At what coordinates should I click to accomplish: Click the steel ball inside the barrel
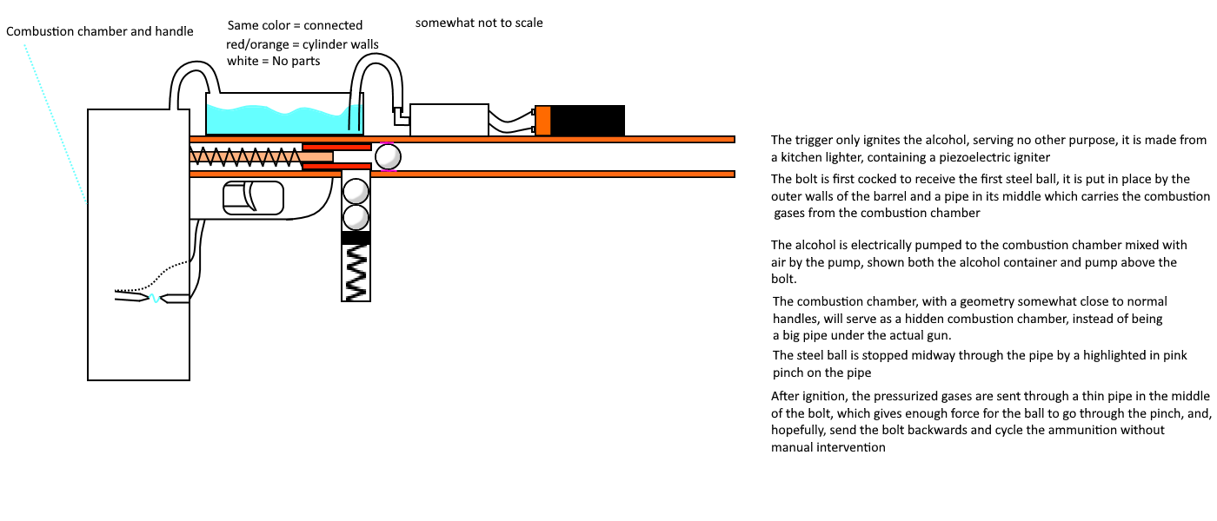click(x=388, y=156)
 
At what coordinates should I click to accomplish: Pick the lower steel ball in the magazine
click(x=356, y=216)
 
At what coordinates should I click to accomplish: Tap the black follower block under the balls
click(x=356, y=237)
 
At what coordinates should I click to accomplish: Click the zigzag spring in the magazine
click(x=356, y=272)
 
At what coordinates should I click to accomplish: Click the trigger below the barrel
click(x=253, y=197)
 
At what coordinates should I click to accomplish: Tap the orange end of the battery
click(x=543, y=121)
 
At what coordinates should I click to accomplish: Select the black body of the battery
click(x=588, y=121)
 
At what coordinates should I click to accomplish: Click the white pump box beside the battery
click(x=449, y=120)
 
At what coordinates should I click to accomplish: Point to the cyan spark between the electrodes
click(x=154, y=299)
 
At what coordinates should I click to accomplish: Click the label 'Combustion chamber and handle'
click(x=100, y=31)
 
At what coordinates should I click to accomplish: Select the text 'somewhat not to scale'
click(x=479, y=23)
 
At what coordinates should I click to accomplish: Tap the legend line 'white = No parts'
click(x=273, y=61)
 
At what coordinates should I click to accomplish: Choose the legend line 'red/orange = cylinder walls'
click(x=303, y=43)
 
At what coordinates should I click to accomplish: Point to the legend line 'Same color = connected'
click(x=295, y=25)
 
